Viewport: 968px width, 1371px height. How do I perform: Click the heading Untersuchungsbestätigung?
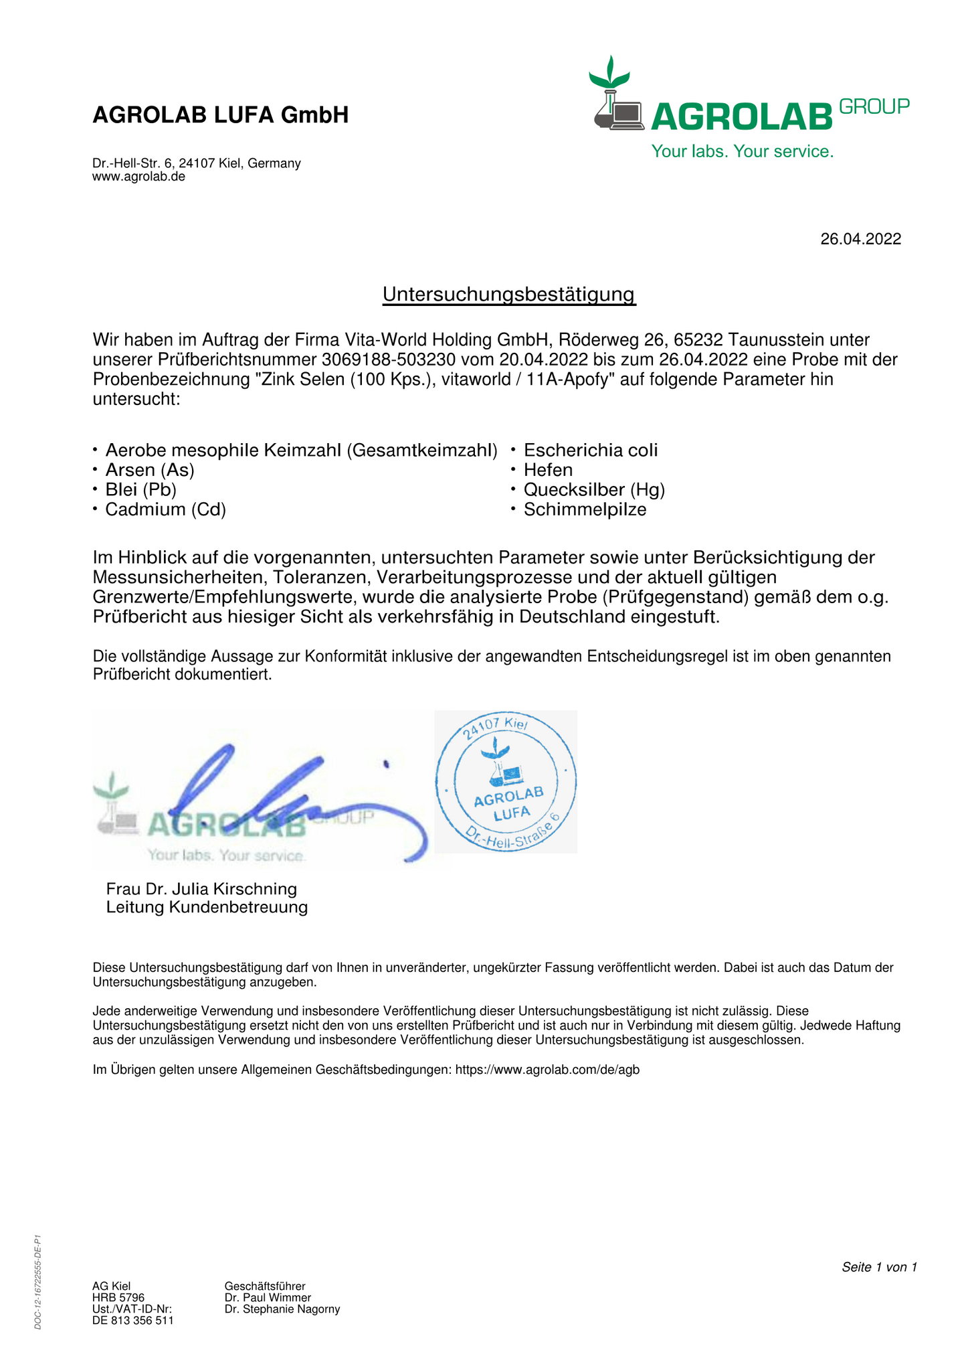[x=508, y=294]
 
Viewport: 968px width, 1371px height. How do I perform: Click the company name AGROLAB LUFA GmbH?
[x=220, y=115]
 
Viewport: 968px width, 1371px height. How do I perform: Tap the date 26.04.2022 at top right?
[x=860, y=239]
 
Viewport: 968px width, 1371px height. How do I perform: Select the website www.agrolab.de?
[x=138, y=177]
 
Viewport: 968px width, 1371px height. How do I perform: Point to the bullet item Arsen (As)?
[x=150, y=470]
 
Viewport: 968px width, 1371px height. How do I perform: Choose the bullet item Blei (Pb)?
[x=140, y=490]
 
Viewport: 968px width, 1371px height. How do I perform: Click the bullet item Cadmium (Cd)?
[x=165, y=510]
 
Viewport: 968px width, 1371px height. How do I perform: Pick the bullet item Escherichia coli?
[x=591, y=451]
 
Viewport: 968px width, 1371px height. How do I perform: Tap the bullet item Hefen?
[x=548, y=470]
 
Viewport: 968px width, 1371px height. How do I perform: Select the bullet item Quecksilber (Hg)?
[x=594, y=490]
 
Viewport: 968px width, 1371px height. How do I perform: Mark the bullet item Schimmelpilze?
[x=585, y=510]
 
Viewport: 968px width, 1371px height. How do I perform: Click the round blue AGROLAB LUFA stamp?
[x=506, y=782]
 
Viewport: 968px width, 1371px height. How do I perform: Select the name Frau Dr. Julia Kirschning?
[x=201, y=889]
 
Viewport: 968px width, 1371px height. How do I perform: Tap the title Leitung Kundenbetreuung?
[x=207, y=908]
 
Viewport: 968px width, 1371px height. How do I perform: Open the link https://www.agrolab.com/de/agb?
[x=547, y=1070]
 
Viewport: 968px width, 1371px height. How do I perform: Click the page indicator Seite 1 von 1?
[x=878, y=1267]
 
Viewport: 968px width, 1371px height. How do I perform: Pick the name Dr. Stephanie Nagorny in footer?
[x=282, y=1309]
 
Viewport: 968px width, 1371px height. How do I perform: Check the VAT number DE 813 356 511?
[x=132, y=1320]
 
